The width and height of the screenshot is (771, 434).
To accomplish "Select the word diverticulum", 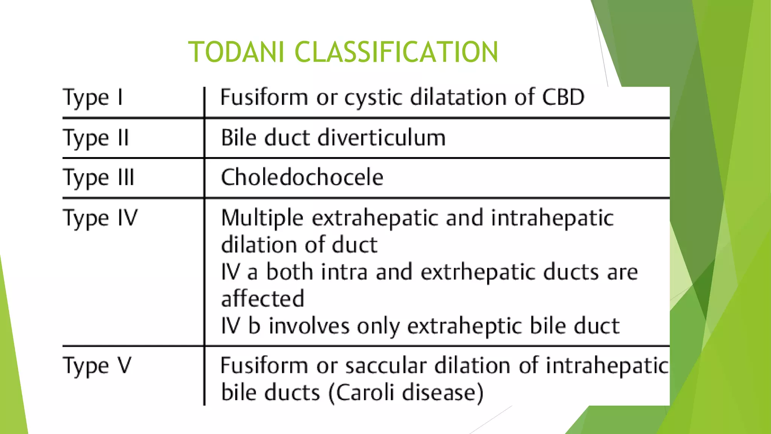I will tap(382, 138).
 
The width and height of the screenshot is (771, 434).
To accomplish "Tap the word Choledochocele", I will tap(302, 177).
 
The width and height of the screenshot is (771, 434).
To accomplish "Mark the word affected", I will tap(262, 299).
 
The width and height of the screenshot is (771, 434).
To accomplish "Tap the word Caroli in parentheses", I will tap(364, 393).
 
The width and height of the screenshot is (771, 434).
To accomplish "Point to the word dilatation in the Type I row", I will tap(458, 97).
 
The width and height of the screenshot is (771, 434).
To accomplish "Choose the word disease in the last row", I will tap(442, 393).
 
